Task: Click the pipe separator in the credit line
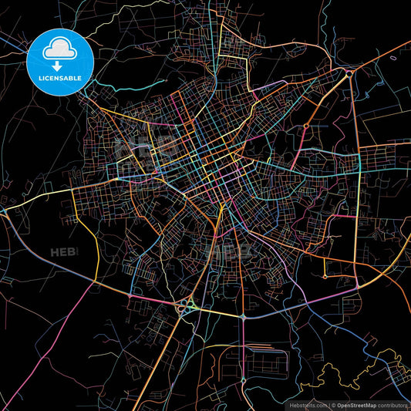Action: click(330, 405)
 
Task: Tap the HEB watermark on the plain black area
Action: click(62, 252)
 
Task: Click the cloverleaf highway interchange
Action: click(186, 307)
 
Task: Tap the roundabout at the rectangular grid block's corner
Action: click(244, 380)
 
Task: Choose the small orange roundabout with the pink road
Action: click(306, 126)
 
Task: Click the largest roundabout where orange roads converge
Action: click(349, 74)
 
